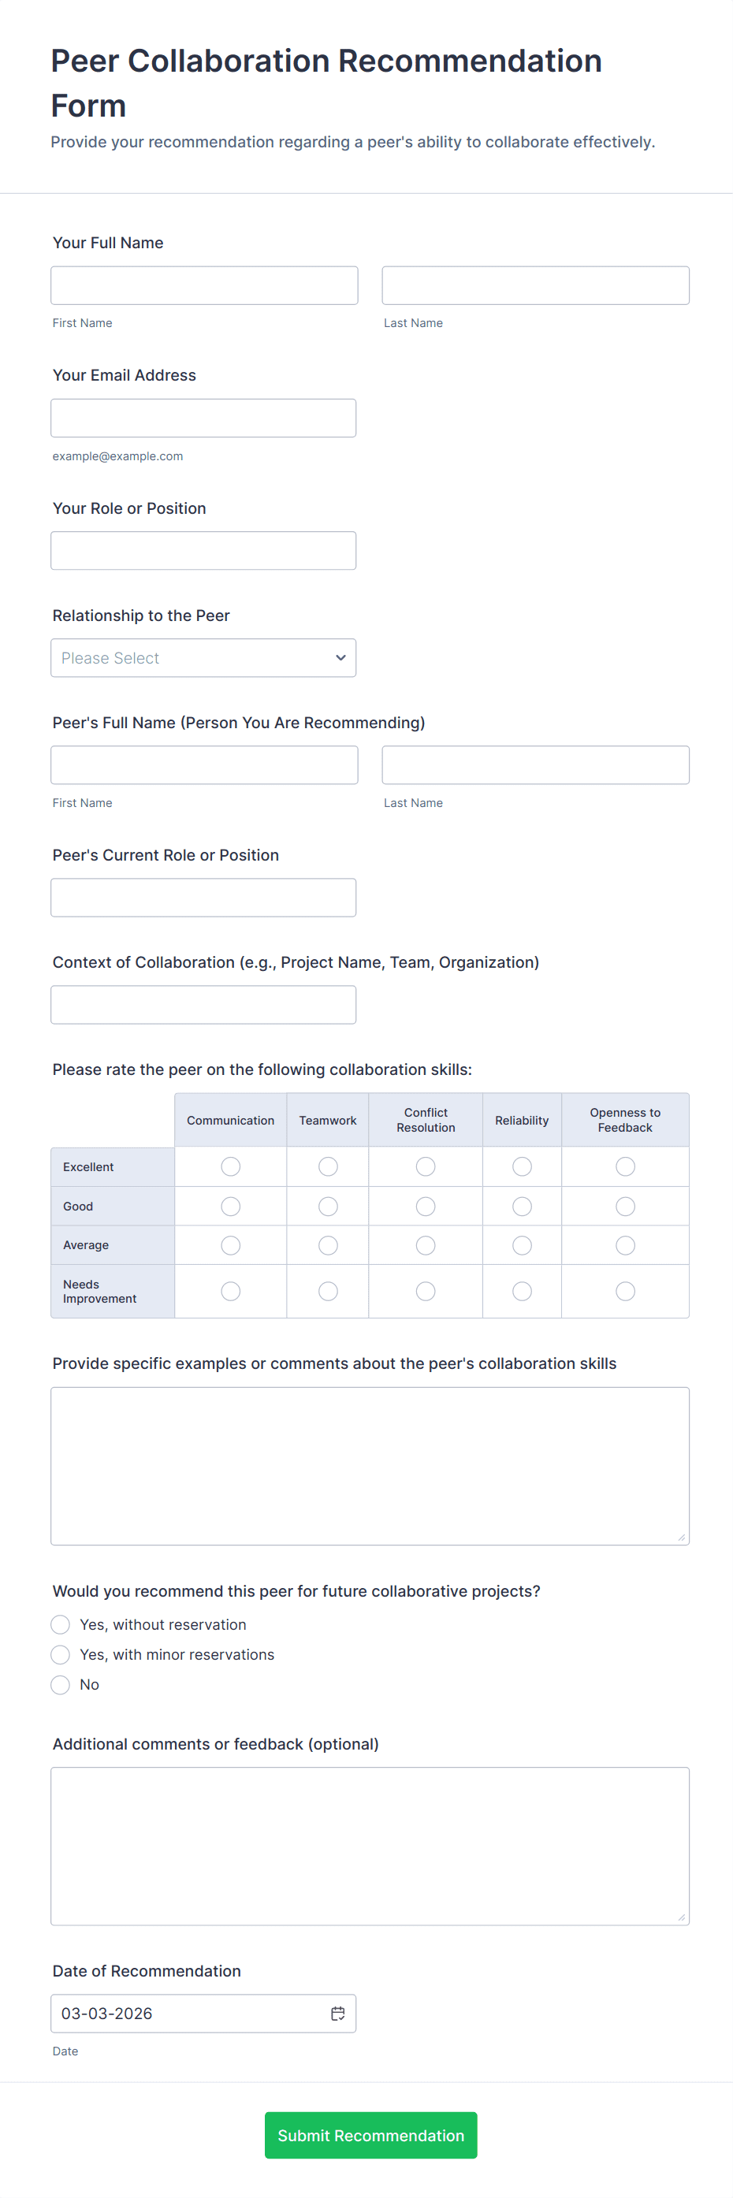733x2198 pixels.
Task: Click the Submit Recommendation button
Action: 370,2135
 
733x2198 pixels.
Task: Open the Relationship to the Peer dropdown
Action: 203,658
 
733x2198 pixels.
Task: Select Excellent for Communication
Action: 230,1166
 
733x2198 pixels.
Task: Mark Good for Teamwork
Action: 328,1207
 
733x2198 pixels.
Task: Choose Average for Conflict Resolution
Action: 426,1246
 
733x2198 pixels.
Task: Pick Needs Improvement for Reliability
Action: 523,1291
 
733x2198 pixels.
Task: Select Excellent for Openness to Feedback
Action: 626,1166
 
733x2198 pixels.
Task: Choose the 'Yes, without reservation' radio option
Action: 61,1624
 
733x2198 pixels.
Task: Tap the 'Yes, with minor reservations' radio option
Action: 61,1654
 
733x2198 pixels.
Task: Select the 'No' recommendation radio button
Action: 61,1684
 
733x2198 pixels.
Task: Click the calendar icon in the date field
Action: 338,2014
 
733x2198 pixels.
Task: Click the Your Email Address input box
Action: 203,418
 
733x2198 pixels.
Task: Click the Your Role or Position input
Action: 203,551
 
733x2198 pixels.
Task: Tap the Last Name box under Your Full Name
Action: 535,286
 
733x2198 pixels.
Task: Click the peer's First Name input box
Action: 204,765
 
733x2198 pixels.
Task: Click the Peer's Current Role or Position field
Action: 203,898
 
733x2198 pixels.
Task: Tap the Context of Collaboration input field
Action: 203,1005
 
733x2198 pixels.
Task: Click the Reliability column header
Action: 523,1121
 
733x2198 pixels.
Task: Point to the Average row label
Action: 86,1245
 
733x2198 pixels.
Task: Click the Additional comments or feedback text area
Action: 370,1846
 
